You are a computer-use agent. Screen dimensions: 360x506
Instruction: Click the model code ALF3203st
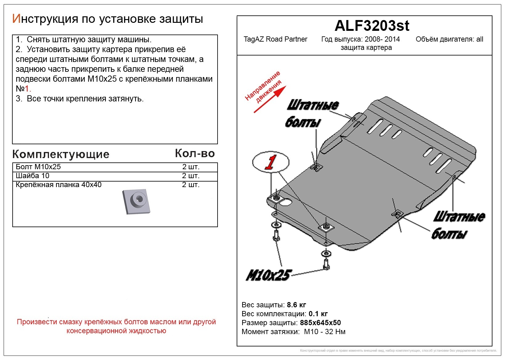click(x=372, y=26)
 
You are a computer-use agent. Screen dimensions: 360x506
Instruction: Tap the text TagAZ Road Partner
click(x=275, y=39)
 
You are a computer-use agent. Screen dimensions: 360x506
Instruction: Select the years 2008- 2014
click(x=382, y=39)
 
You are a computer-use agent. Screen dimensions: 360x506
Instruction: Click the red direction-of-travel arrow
click(x=270, y=99)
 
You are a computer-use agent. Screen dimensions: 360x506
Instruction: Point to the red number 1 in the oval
click(x=270, y=162)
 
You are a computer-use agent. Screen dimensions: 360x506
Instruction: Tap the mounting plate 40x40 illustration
click(x=136, y=201)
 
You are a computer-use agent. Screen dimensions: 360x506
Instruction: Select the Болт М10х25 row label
click(x=38, y=167)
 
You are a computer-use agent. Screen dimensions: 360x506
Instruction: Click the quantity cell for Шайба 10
click(x=190, y=176)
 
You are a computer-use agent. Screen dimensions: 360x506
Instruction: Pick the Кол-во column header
click(x=195, y=153)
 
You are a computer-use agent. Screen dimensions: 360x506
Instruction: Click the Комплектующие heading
click(x=61, y=154)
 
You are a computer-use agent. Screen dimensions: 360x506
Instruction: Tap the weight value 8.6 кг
click(x=296, y=305)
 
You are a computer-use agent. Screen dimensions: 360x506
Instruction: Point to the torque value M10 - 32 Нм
click(x=324, y=332)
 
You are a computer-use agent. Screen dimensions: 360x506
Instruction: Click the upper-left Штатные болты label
click(x=311, y=113)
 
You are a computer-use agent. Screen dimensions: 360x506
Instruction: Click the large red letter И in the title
click(x=16, y=19)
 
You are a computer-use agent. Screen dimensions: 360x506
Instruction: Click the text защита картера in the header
click(x=366, y=48)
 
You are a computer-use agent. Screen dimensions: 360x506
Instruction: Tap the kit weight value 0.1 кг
click(x=318, y=314)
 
